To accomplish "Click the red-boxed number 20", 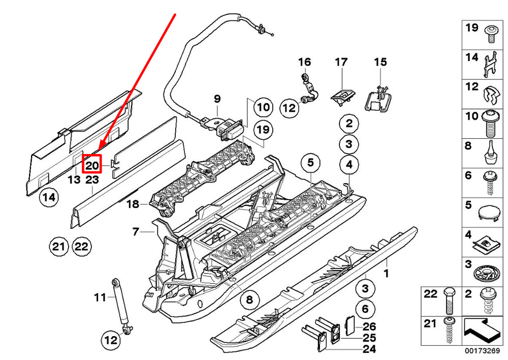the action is pos(92,165).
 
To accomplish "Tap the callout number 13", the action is pos(74,179).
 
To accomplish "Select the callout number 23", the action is pos(92,179).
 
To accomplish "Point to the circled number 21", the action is pos(58,247).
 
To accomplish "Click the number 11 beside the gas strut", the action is pos(100,297).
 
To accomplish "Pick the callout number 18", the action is pos(133,204).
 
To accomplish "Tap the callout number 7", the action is pos(136,231).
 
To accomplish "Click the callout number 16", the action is pos(304,62).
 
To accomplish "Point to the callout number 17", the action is pos(341,62).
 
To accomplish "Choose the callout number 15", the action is pos(380,62).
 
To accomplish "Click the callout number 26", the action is pos(369,326).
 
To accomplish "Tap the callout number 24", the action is pos(369,349).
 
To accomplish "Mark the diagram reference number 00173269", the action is pos(483,351).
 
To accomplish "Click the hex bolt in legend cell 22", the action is pos(450,302).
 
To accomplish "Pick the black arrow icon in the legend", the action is pos(483,331).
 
